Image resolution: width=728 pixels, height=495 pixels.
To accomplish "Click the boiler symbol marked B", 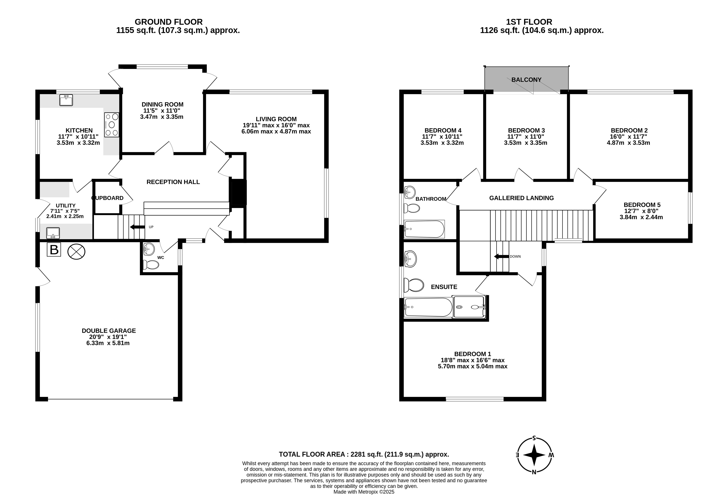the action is (x=54, y=250).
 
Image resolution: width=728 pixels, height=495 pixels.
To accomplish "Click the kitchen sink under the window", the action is (x=66, y=100).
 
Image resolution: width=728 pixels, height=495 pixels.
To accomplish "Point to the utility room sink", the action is (x=53, y=233).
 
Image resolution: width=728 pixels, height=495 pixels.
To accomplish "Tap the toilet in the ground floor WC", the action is (x=151, y=265).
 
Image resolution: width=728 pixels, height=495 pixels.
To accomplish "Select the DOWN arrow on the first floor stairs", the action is (x=502, y=257).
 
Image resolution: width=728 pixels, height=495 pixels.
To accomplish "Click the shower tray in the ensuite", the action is (x=469, y=307).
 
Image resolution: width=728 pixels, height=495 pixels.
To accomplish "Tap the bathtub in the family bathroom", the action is (x=424, y=229).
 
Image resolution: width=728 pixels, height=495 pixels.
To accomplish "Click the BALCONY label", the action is (x=526, y=80).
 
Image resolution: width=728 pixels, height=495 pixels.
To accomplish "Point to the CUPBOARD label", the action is (x=108, y=198).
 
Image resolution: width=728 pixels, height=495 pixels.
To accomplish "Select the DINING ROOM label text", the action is (x=162, y=104).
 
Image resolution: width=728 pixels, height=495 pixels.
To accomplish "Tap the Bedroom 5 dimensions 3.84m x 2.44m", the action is (x=641, y=217).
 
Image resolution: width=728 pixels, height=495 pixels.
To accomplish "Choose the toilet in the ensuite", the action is (x=414, y=285).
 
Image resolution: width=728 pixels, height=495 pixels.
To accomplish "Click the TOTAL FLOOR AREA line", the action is (x=364, y=454).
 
